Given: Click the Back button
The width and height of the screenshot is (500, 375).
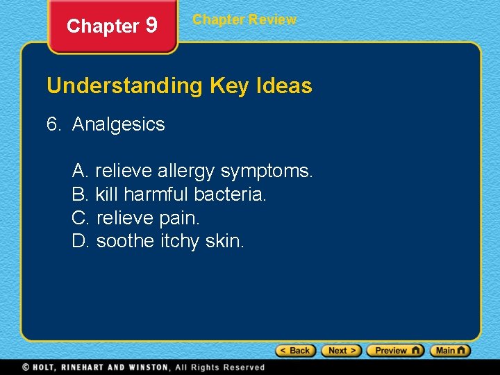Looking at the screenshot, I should point(296,351).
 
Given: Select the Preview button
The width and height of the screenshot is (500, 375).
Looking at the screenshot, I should point(395,351).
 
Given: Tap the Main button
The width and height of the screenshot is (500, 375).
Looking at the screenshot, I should point(450,351).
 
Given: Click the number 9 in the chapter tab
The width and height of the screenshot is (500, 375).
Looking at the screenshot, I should point(152,26).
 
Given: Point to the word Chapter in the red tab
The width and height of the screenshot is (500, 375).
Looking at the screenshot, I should point(103,26).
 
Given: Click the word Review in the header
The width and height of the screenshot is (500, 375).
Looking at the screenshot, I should point(272,19).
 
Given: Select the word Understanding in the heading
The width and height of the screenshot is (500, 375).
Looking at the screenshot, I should point(124,86).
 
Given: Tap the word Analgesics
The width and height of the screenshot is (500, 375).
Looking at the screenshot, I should point(119,124).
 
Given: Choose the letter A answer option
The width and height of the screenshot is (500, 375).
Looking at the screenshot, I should point(79,170).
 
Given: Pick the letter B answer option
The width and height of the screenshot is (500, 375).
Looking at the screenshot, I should point(79,194).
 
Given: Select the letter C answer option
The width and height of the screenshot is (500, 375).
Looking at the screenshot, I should point(80,217).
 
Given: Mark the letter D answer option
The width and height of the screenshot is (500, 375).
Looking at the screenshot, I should point(80,241).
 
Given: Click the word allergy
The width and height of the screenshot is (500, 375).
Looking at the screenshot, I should point(186,171).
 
